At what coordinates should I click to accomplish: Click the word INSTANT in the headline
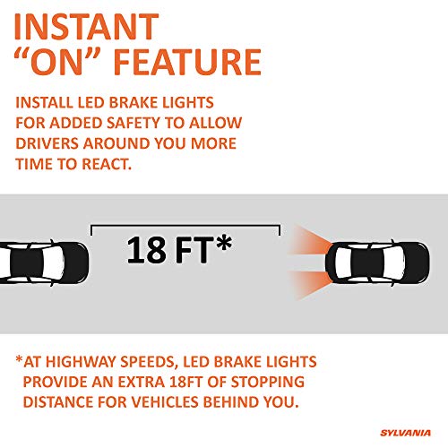click(x=86, y=26)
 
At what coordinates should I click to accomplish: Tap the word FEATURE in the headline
click(x=188, y=62)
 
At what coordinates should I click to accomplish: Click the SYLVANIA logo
click(x=405, y=433)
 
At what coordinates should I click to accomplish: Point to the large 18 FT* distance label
click(x=179, y=249)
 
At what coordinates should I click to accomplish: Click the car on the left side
click(x=44, y=263)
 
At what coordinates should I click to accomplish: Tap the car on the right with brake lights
click(x=377, y=263)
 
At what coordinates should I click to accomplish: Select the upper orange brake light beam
click(x=312, y=241)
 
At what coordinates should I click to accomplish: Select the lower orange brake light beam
click(x=312, y=284)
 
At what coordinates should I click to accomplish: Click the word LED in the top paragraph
click(x=91, y=102)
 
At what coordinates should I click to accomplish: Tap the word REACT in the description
click(x=107, y=164)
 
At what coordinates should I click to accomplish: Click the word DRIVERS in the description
click(x=47, y=143)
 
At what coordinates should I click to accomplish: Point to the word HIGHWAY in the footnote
click(x=82, y=362)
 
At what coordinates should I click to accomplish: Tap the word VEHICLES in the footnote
click(x=164, y=401)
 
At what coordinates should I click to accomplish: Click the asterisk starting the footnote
click(x=19, y=359)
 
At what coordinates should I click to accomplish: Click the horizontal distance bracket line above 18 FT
click(x=185, y=226)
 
